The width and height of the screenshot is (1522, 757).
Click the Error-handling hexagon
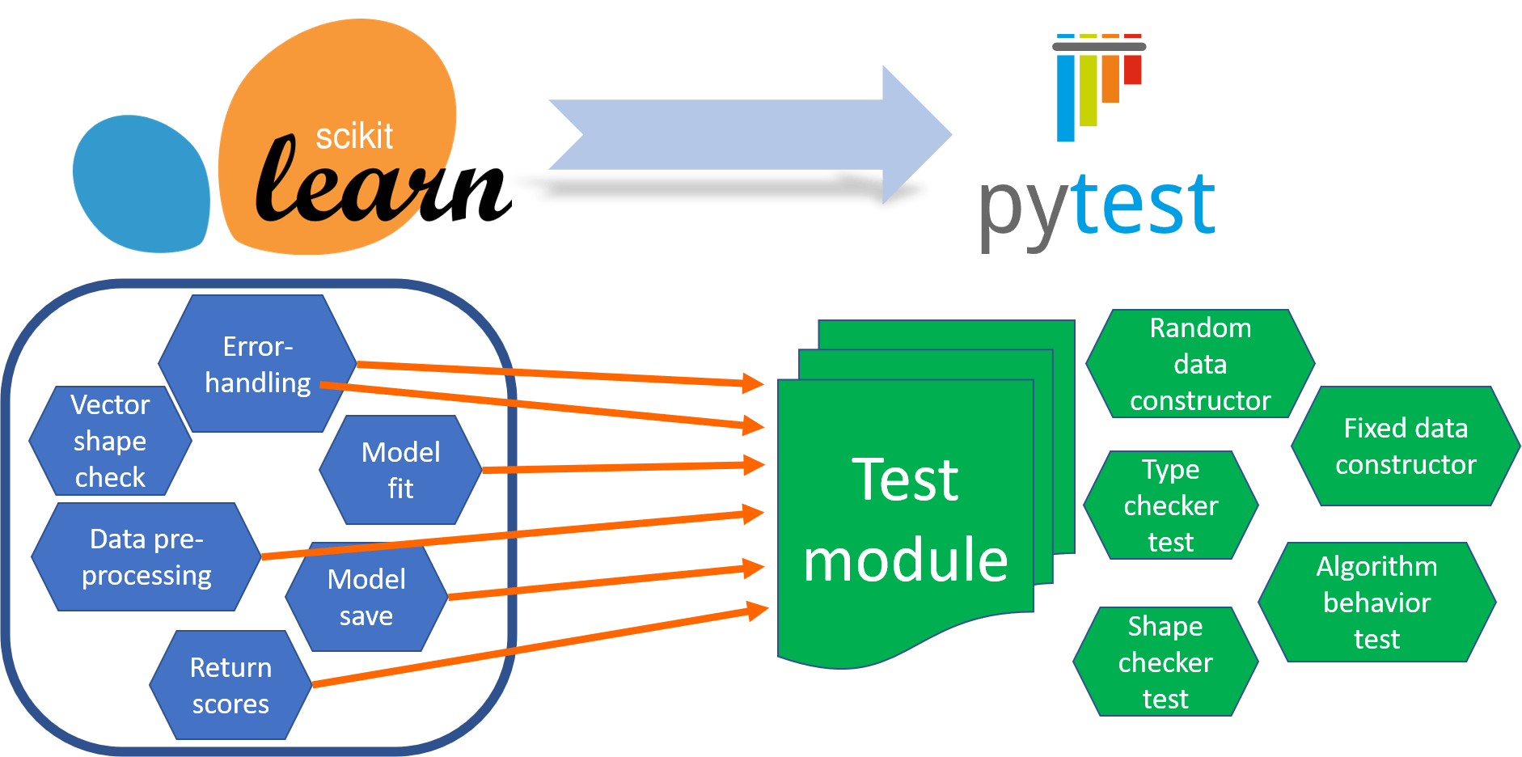click(x=257, y=364)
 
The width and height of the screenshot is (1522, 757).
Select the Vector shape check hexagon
click(x=110, y=441)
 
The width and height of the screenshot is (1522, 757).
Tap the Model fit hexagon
click(x=400, y=470)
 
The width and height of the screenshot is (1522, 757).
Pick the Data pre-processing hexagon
click(x=146, y=557)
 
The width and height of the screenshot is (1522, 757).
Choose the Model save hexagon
click(x=366, y=598)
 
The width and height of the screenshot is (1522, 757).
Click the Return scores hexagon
click(x=230, y=685)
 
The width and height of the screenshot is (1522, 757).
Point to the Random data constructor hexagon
click(x=1200, y=364)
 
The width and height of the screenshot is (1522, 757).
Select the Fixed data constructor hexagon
click(x=1406, y=446)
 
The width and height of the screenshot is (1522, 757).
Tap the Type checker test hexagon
click(x=1170, y=505)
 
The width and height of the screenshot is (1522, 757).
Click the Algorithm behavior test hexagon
click(x=1376, y=603)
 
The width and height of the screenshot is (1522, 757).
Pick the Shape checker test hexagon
click(x=1165, y=662)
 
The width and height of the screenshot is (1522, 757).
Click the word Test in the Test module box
click(x=905, y=480)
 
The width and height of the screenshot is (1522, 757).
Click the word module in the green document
click(x=905, y=560)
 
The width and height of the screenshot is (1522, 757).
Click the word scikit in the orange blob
click(x=354, y=136)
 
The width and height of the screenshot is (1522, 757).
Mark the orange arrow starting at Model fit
click(x=623, y=467)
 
